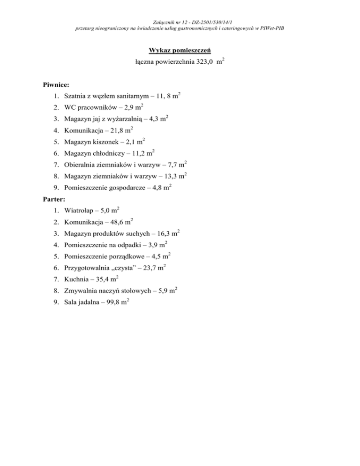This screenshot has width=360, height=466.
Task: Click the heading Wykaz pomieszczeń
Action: (180, 50)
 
